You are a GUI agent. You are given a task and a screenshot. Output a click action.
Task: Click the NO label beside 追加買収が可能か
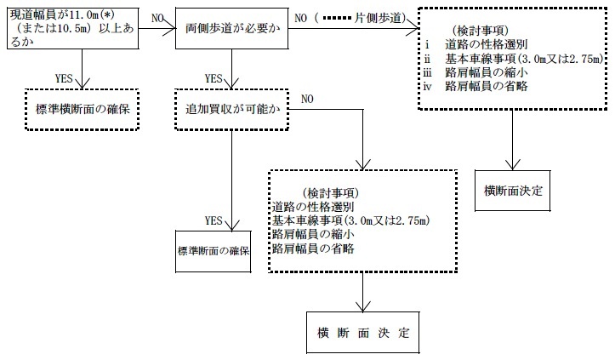pyautogui.click(x=307, y=100)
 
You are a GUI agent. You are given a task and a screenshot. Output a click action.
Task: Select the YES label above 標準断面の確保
pyautogui.click(x=214, y=220)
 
